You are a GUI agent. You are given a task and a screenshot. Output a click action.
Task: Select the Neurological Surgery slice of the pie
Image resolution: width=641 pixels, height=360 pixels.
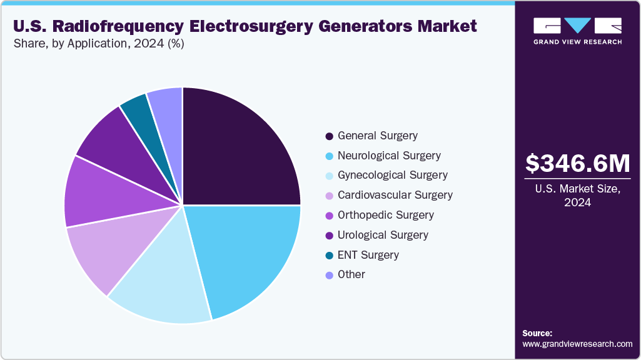(244, 256)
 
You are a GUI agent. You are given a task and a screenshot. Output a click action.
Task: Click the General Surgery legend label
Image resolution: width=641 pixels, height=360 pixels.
(378, 136)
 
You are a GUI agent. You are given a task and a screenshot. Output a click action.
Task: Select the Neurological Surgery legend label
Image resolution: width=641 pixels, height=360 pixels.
(389, 156)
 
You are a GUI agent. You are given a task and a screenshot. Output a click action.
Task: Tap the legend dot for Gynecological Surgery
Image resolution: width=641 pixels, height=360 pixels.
(329, 176)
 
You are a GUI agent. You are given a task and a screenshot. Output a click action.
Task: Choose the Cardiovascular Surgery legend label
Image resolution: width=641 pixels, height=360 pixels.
(395, 195)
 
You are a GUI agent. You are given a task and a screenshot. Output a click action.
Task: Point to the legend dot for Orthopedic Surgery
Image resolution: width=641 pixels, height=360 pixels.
(329, 216)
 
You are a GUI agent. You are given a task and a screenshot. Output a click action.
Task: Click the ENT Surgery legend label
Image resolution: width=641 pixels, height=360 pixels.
(368, 255)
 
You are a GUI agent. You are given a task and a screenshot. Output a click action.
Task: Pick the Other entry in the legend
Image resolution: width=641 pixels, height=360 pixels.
(351, 275)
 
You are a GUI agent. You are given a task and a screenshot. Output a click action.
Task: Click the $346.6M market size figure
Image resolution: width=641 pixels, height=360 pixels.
(578, 163)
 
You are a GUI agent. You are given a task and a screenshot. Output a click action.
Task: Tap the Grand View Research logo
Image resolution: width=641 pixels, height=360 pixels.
(578, 31)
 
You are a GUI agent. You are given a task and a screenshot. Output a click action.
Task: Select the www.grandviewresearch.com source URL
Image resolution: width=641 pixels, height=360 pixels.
(577, 344)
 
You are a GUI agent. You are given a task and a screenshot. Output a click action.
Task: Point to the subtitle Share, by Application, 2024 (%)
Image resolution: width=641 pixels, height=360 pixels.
(98, 44)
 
